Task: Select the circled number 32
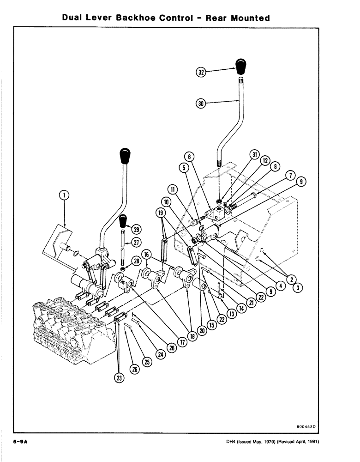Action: click(x=200, y=72)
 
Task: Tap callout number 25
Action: click(x=147, y=362)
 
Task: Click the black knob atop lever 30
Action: click(x=241, y=67)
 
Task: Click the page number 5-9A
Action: click(x=20, y=442)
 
